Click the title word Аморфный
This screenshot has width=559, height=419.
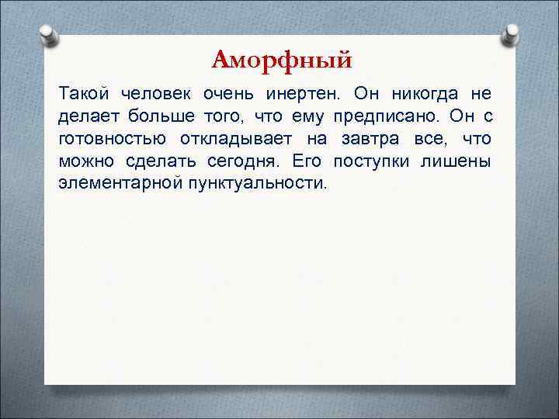point(281,59)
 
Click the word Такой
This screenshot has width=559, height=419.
point(82,94)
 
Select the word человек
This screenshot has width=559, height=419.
point(158,94)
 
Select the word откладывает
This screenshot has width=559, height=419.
point(227,139)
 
